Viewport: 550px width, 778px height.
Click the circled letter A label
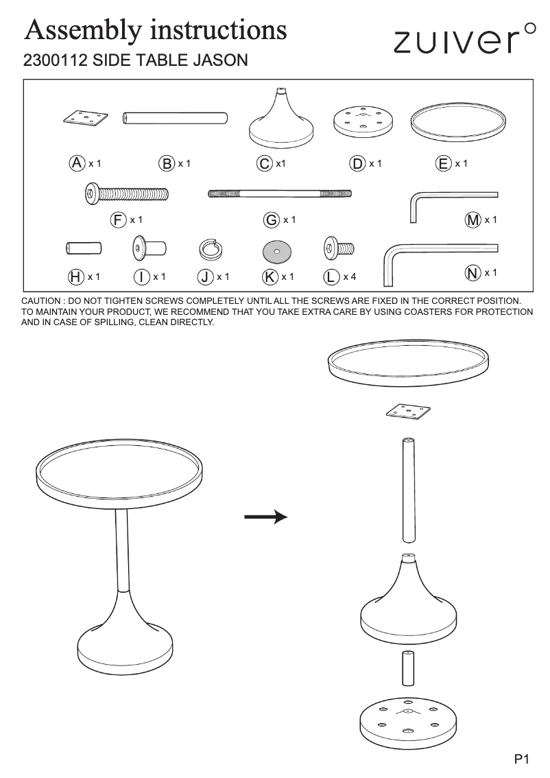(77, 163)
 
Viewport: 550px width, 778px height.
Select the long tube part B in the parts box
(175, 118)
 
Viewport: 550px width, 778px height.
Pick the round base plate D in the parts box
(363, 121)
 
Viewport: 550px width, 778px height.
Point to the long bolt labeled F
(127, 193)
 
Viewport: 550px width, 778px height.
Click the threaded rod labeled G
(280, 193)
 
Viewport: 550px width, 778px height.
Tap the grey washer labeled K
(277, 252)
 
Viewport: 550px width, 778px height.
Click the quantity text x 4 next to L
(350, 276)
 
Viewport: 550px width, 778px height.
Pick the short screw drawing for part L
(338, 248)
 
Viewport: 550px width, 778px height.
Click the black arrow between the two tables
(265, 517)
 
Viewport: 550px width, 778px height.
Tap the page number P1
(522, 759)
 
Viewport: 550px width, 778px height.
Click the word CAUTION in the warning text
(45, 302)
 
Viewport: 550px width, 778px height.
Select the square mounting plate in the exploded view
(408, 412)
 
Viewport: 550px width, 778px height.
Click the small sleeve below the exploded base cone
(407, 668)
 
